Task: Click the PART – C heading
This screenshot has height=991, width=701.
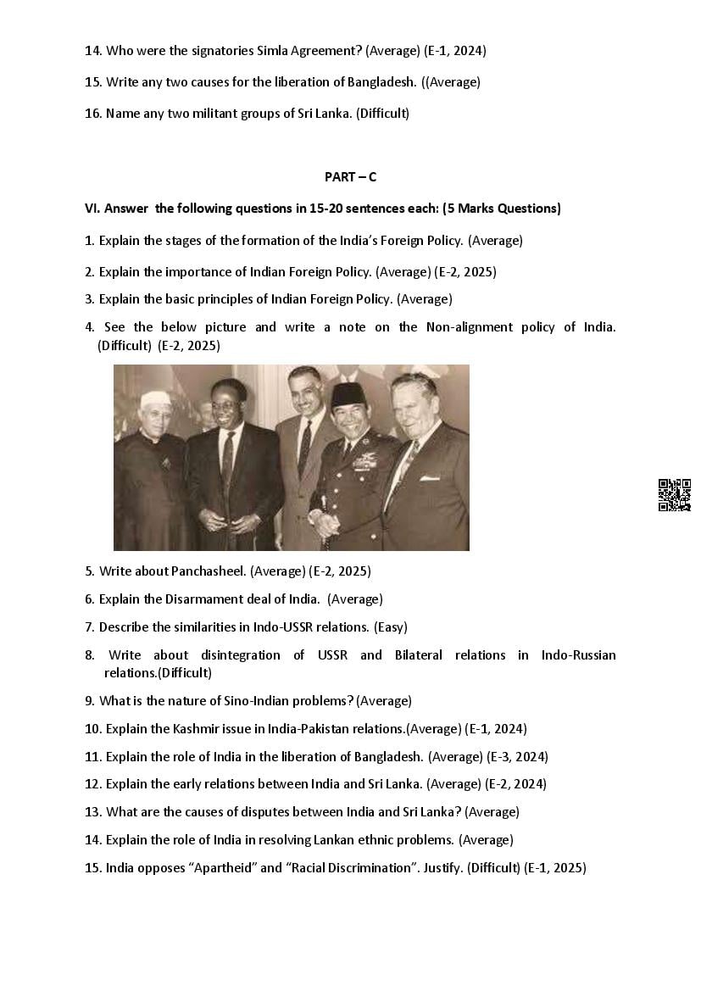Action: [350, 176]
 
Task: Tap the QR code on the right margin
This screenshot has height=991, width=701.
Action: [674, 495]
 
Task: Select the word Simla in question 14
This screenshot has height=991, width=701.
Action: [271, 51]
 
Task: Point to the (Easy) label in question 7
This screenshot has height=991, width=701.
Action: [391, 627]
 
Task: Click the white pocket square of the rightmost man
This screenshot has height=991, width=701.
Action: [429, 478]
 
